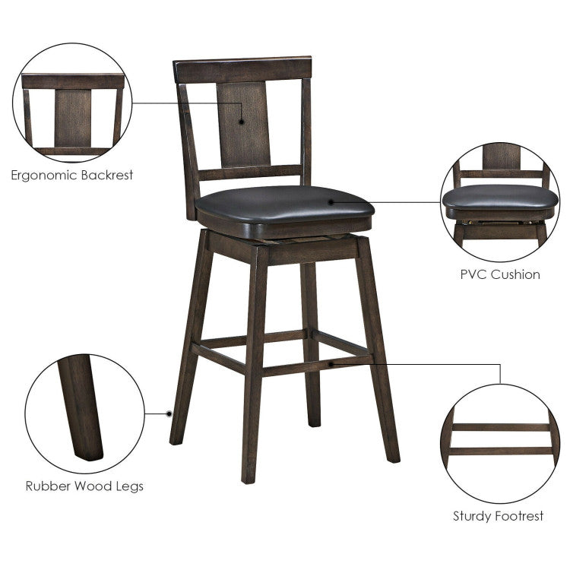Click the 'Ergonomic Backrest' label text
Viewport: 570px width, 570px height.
(x=72, y=175)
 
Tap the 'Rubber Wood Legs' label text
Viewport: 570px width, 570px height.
(x=84, y=486)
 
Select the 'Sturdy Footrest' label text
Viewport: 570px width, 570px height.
(x=499, y=517)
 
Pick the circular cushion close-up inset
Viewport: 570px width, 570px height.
(x=500, y=201)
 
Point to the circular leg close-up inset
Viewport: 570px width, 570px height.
(x=84, y=414)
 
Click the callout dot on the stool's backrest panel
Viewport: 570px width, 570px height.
(x=242, y=120)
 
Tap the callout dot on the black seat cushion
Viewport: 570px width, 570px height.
(x=331, y=201)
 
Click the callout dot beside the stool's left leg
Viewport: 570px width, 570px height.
(x=169, y=413)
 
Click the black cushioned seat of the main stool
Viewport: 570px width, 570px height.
(x=281, y=204)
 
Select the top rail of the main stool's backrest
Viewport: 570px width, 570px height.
(x=242, y=68)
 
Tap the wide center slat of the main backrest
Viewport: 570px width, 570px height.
(x=243, y=125)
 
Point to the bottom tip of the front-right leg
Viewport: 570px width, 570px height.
(x=392, y=458)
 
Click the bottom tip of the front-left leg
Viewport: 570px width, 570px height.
(x=249, y=479)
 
